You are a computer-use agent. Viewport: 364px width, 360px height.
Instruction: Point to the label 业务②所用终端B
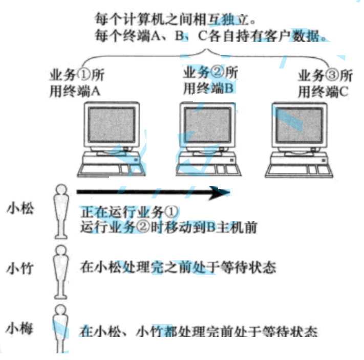click(x=210, y=80)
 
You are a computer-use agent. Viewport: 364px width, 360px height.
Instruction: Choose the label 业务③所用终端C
click(x=325, y=84)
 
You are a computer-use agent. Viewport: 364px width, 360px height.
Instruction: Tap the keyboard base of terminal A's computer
click(x=110, y=167)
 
